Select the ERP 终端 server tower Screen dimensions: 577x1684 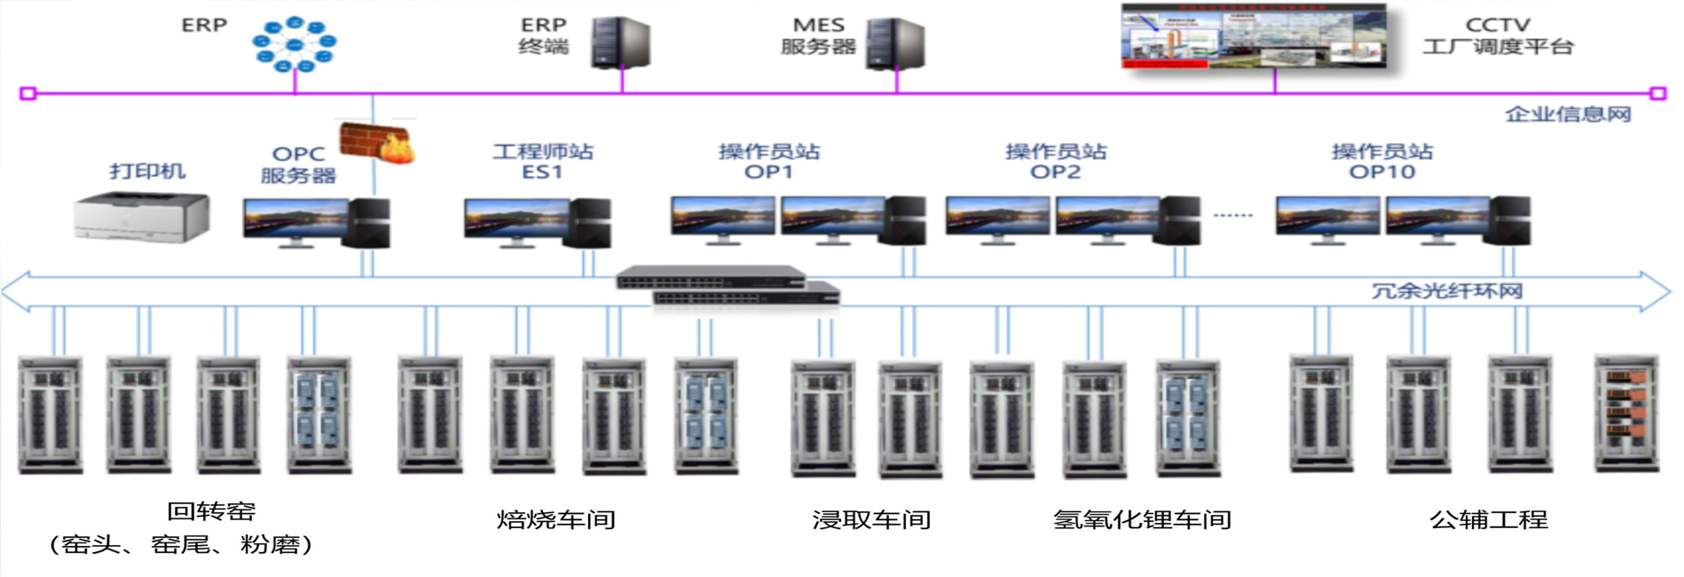coord(621,43)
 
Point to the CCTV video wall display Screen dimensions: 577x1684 coord(1254,36)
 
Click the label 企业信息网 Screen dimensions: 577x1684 coord(1568,114)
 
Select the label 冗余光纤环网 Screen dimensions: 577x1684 coord(1446,291)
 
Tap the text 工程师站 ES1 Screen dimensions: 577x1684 coord(543,162)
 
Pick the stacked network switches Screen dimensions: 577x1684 coord(728,287)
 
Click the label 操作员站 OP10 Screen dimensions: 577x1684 coord(1381,162)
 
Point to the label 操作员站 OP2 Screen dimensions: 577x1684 coord(1055,162)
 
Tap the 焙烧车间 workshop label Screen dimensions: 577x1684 coord(555,519)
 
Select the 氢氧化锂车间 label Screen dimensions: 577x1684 coord(1142,519)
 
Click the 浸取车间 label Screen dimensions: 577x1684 coord(871,519)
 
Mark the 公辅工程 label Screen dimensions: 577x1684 coord(1488,519)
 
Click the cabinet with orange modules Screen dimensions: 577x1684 coord(1625,413)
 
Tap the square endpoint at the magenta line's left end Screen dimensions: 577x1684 coord(28,93)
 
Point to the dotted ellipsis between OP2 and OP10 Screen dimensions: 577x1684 coord(1232,216)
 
